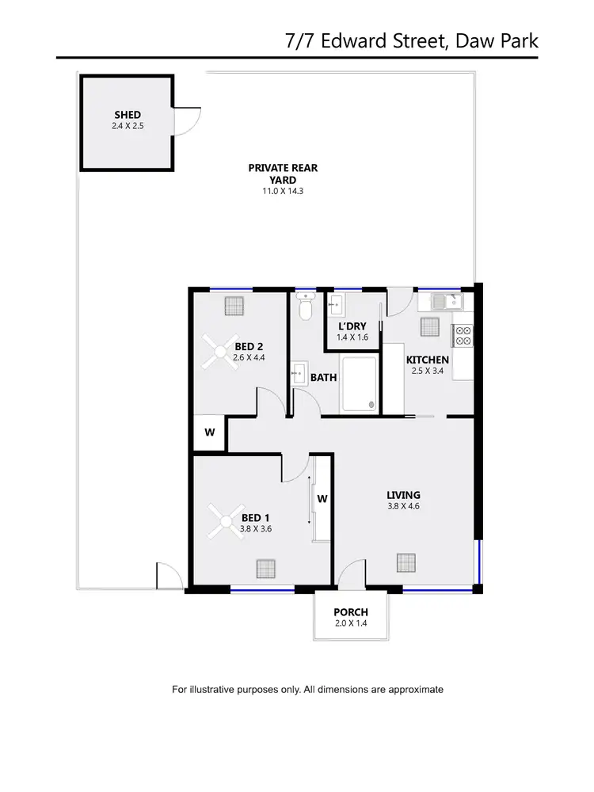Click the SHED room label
[x=127, y=115]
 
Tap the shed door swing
[x=187, y=120]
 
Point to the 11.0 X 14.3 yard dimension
[x=271, y=192]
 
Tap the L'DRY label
[x=351, y=327]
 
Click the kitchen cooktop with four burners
[x=463, y=336]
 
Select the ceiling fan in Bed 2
[x=216, y=350]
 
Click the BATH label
[x=323, y=378]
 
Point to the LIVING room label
[x=403, y=495]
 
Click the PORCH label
[x=350, y=612]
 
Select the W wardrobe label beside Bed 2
[x=210, y=432]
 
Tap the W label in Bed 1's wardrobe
[x=322, y=499]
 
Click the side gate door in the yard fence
[x=169, y=576]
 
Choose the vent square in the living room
[x=406, y=563]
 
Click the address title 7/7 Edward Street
[x=411, y=40]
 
